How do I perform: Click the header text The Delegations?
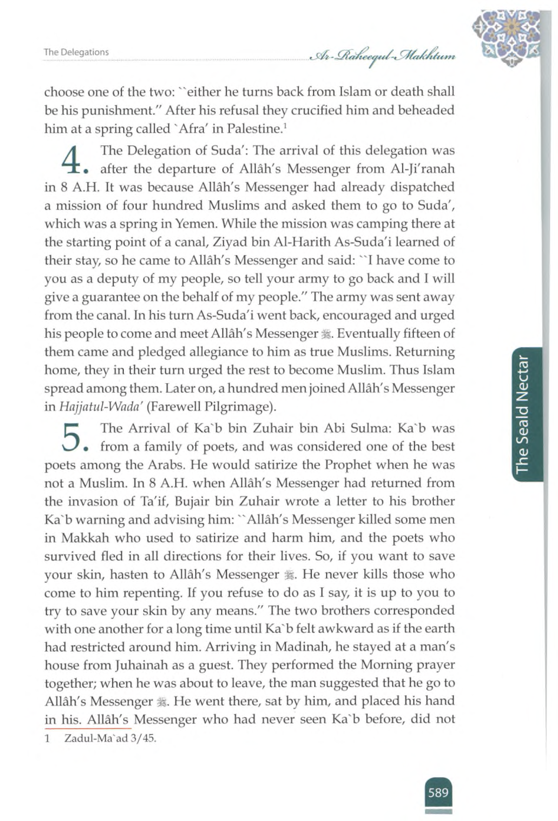pos(76,52)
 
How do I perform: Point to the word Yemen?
pos(193,224)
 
